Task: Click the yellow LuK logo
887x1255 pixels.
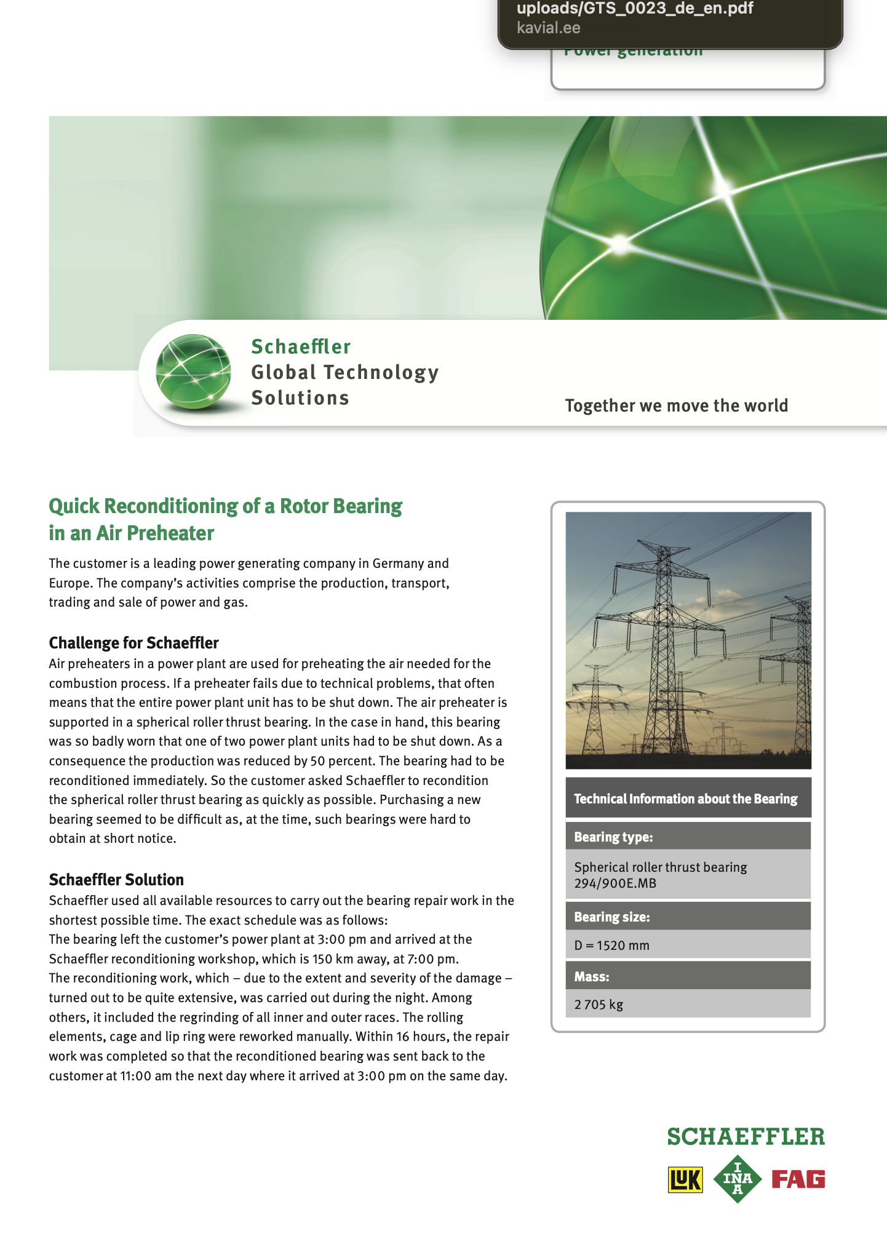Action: point(685,1179)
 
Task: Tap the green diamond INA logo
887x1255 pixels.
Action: point(737,1179)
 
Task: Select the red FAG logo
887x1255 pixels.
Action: point(798,1179)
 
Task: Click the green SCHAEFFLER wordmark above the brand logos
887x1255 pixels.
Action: point(746,1137)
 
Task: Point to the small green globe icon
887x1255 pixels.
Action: point(193,372)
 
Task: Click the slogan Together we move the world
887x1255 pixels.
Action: point(676,406)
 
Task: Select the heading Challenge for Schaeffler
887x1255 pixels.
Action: point(133,643)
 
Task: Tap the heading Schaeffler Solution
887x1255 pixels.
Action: point(116,880)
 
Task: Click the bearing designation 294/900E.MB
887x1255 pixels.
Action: point(615,883)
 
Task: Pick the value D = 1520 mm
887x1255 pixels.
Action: point(611,946)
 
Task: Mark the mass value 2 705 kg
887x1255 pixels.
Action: point(599,1005)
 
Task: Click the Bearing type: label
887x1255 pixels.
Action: point(613,837)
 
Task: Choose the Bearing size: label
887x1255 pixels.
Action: point(611,917)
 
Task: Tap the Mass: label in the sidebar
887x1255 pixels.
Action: point(592,977)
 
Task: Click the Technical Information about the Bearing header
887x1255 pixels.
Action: point(685,799)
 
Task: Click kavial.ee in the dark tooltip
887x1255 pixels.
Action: point(548,28)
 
